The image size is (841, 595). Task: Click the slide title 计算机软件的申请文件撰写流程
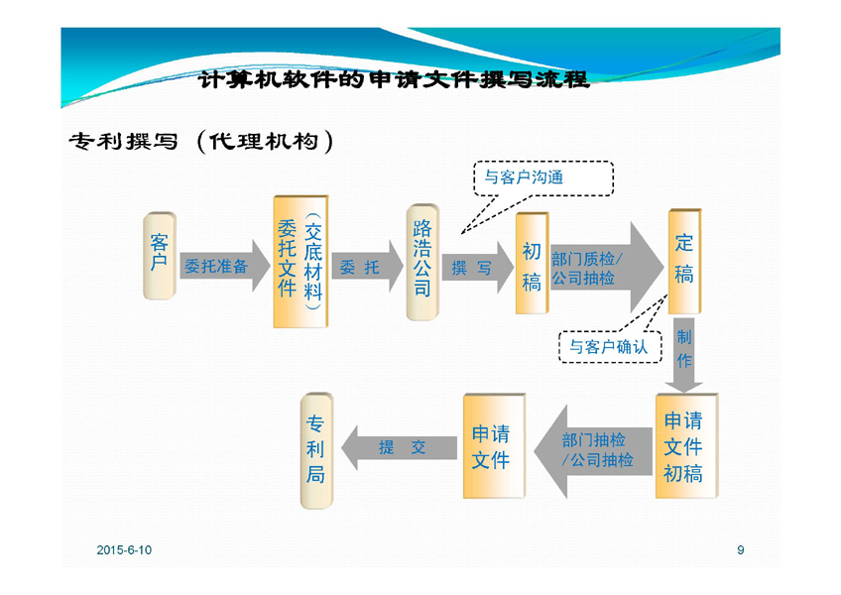tap(395, 78)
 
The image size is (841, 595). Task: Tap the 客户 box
tap(159, 254)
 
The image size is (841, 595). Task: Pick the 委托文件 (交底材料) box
tap(300, 261)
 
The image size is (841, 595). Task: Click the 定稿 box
tap(684, 259)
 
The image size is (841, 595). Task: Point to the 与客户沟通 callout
tap(541, 178)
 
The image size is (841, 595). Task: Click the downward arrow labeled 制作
tap(684, 351)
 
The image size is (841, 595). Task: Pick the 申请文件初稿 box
tap(683, 446)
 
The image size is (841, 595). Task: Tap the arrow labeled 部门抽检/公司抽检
tap(593, 449)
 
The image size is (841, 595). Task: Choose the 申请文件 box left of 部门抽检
tap(491, 446)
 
